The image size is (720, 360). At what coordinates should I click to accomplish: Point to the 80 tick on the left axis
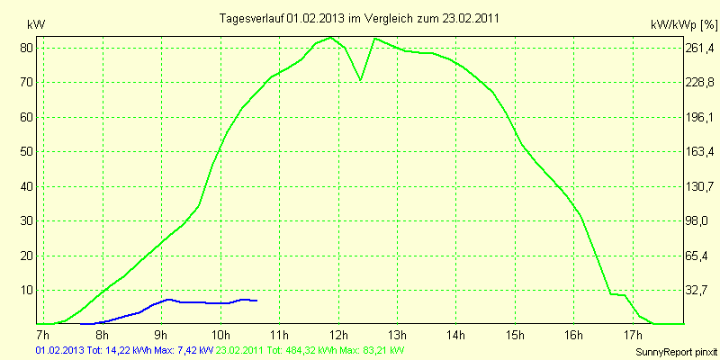pos(27,48)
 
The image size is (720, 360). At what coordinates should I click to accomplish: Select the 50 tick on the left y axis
pos(27,151)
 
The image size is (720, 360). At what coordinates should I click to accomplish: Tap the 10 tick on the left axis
pos(27,290)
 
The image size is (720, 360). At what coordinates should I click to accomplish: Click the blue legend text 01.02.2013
pos(59,349)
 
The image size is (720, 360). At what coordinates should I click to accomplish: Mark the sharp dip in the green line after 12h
pos(361,80)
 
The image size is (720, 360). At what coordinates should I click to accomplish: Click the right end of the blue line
pos(257,301)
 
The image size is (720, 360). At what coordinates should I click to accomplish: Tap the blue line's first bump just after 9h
pos(168,299)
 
